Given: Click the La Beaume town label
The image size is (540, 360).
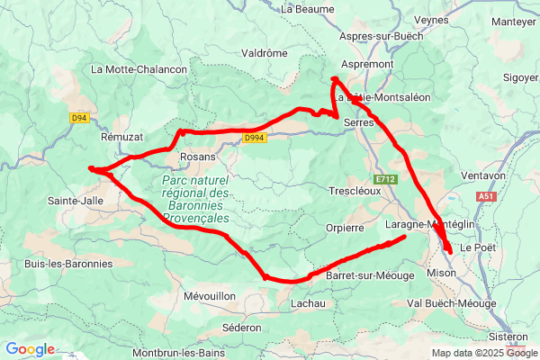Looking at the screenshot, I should coord(308,9).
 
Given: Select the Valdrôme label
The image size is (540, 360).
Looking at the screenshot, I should coord(265,53).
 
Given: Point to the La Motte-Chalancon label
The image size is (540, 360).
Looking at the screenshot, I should coord(139,69).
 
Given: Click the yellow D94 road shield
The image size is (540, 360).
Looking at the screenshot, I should coord(79,117).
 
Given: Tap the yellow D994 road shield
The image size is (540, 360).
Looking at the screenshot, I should coord(253,139).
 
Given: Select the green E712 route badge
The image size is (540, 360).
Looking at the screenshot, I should coord(387,180).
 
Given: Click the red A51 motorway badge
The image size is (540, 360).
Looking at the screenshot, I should coord(486,195).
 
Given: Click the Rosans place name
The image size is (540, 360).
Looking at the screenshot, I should coord(198,157).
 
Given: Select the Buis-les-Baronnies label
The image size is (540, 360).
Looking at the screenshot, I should coord(68,264).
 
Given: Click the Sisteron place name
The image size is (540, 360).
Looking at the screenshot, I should coord(508,337).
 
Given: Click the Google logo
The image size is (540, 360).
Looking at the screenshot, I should coord(30,349).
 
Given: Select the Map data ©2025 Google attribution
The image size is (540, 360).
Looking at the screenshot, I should coord(483,353).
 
